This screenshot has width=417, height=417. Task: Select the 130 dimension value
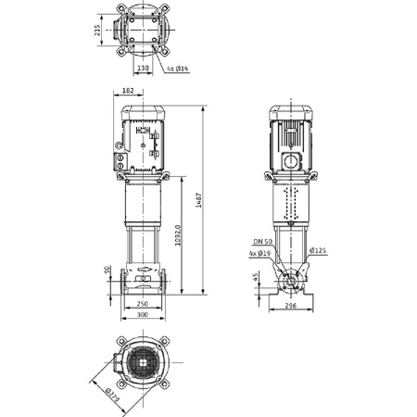click(143, 68)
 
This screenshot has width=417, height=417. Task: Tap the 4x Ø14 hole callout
click(179, 69)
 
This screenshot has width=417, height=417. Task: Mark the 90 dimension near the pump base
click(107, 270)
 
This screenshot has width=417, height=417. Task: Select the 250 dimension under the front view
click(142, 303)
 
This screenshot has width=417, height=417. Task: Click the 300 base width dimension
click(142, 315)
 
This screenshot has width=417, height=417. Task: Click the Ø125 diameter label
click(318, 251)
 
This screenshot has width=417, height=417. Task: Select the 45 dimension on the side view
click(256, 277)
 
